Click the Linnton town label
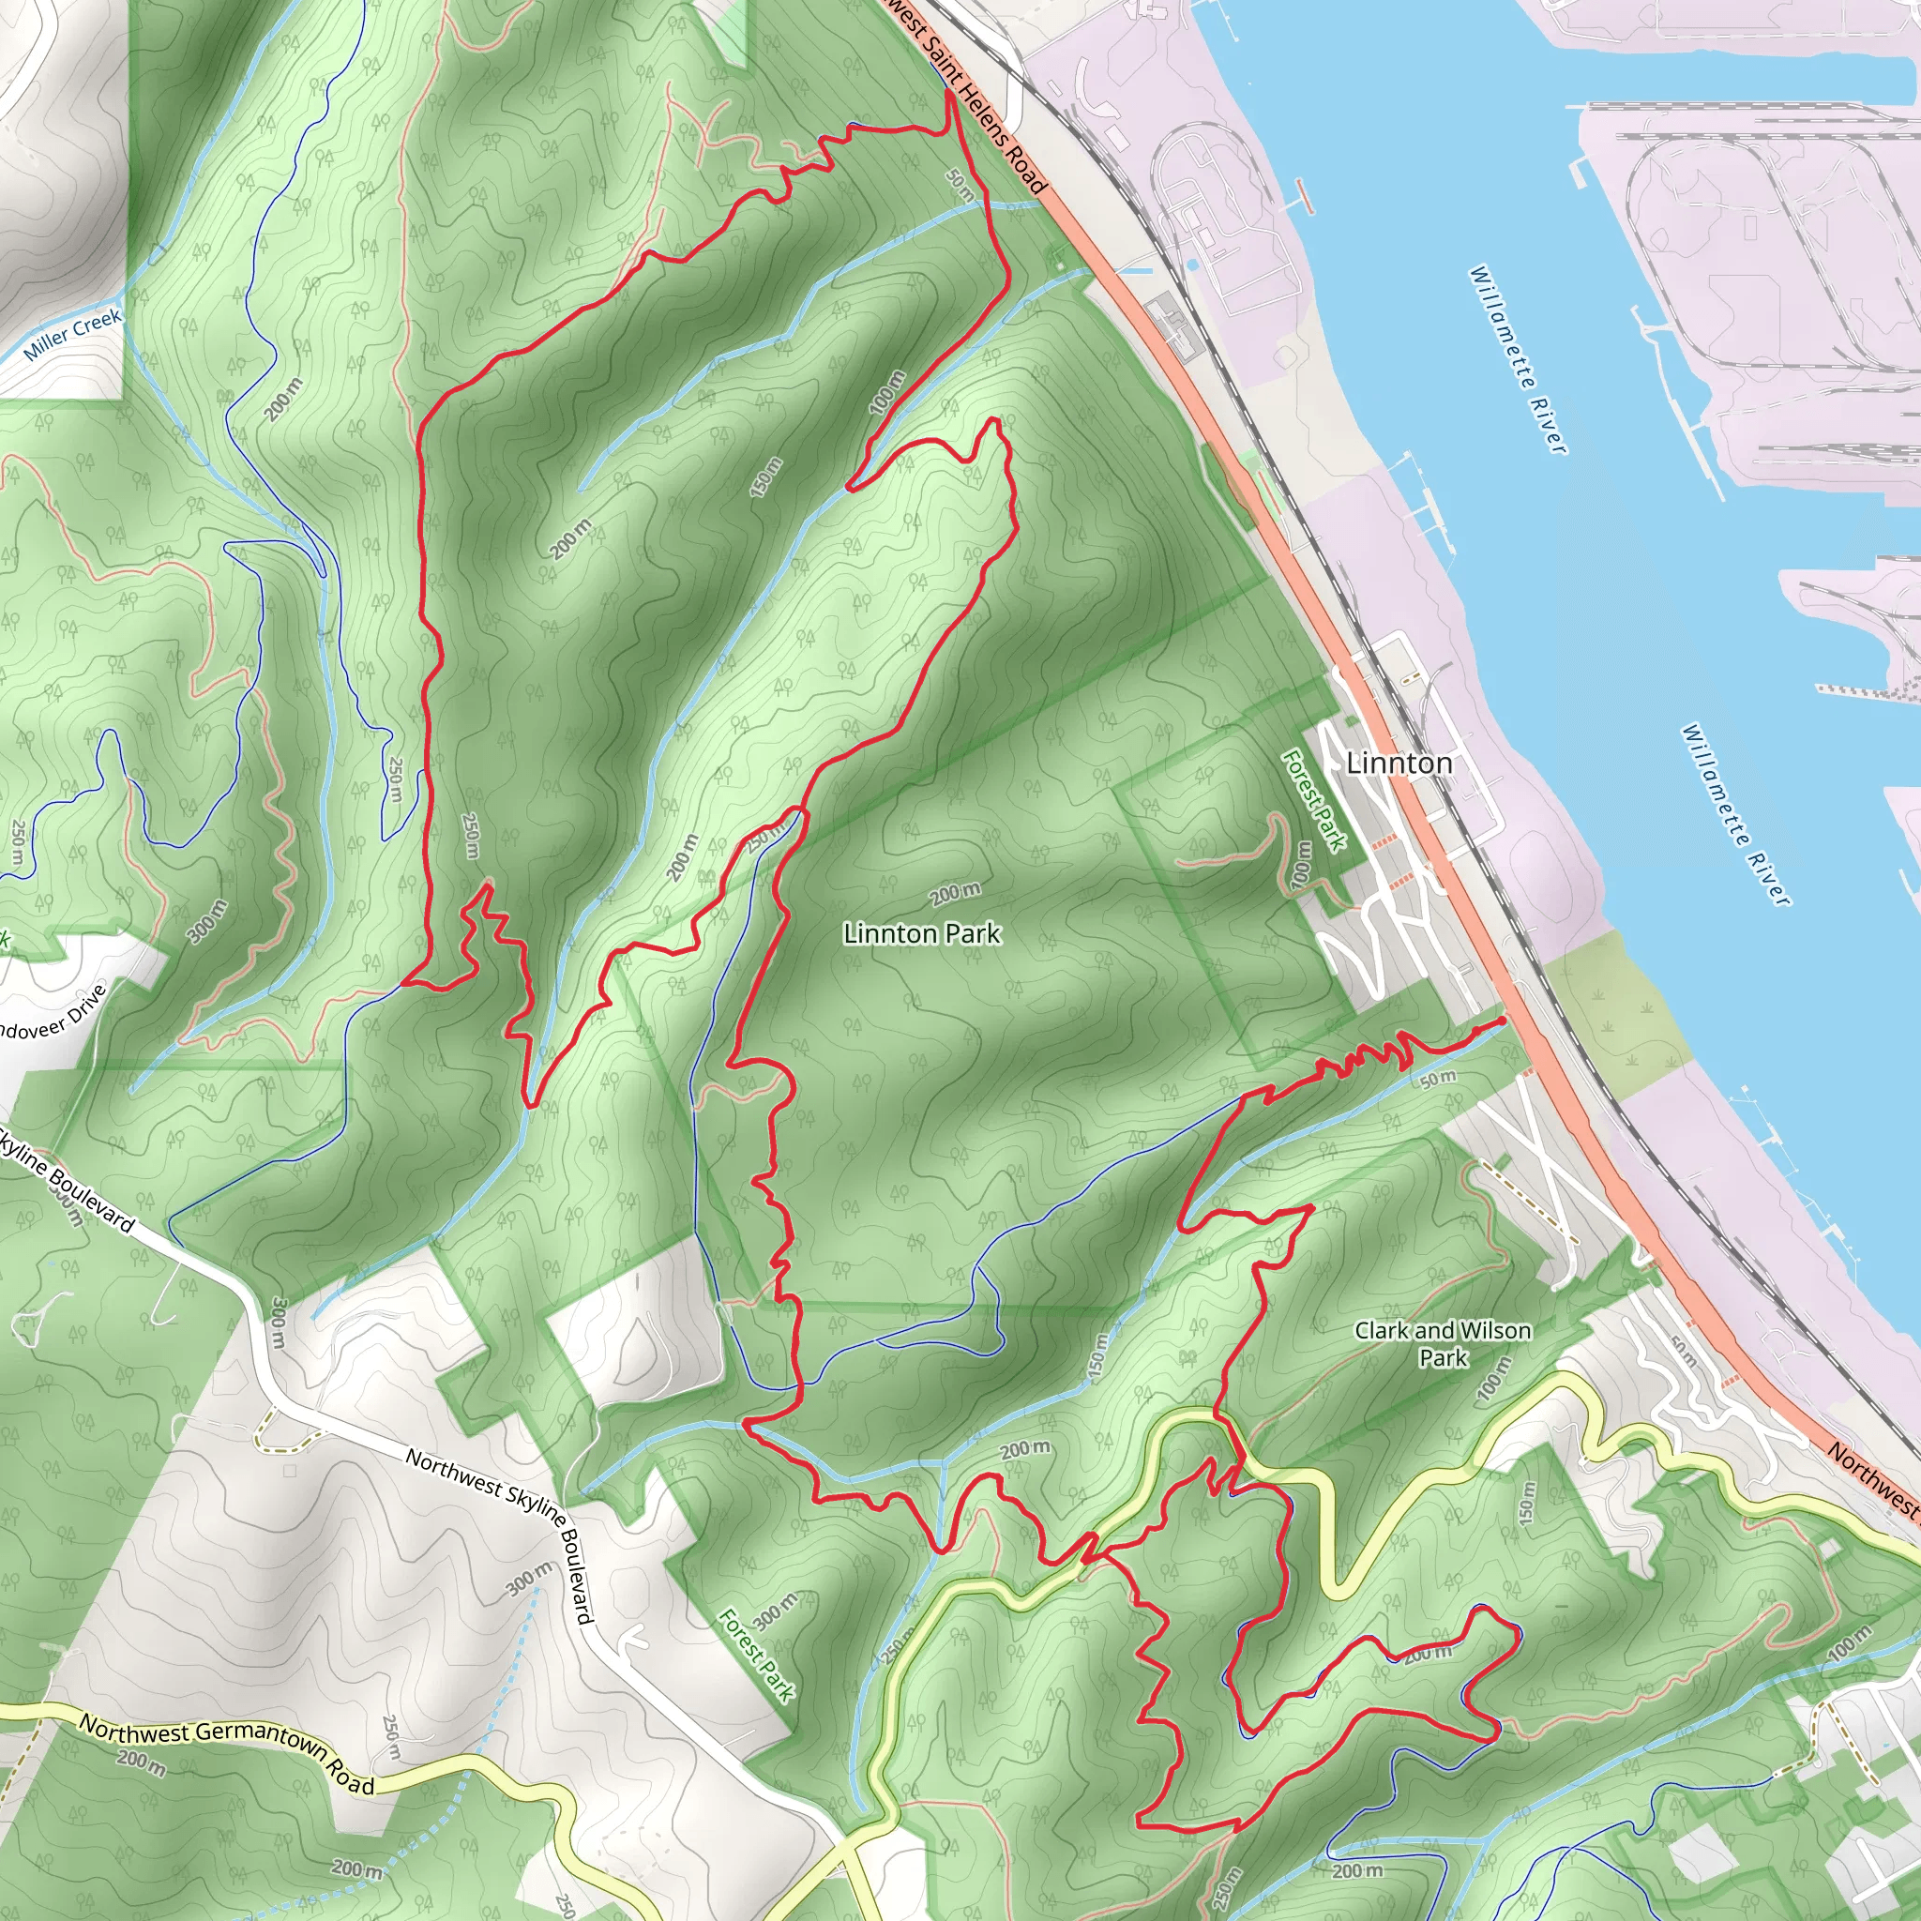(1399, 764)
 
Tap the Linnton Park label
(922, 933)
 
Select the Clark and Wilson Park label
(1443, 1344)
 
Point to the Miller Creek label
(72, 334)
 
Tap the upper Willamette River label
(1518, 359)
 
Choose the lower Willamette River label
(1735, 814)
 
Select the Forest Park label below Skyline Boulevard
(757, 1656)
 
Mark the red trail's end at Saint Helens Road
(948, 93)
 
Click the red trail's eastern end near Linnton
(1502, 1021)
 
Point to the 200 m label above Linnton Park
(955, 893)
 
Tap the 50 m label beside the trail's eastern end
(1438, 1079)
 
